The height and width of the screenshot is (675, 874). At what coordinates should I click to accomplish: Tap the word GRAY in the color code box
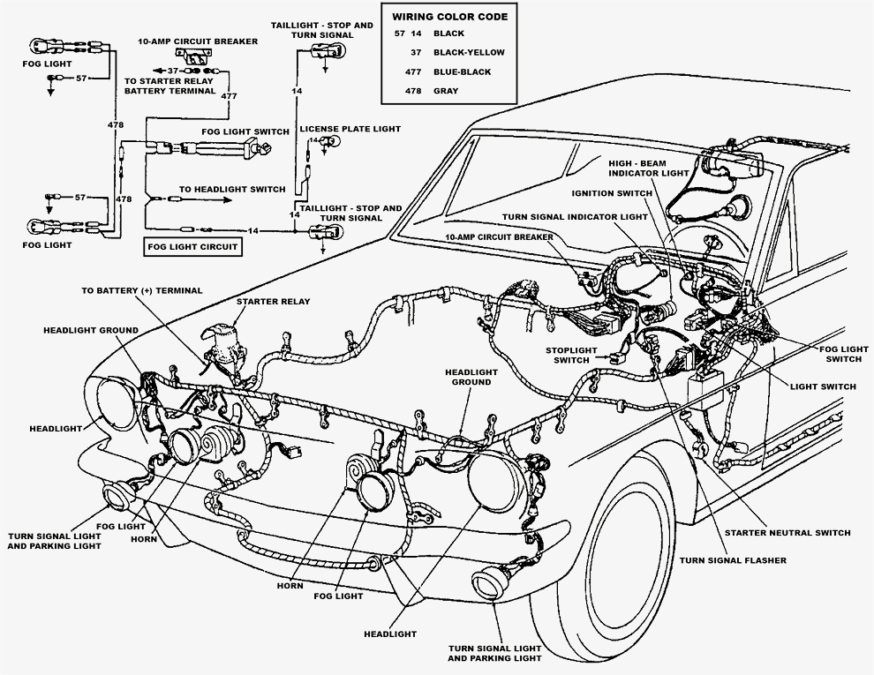(447, 90)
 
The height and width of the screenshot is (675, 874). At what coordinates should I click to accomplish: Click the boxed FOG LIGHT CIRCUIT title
(192, 247)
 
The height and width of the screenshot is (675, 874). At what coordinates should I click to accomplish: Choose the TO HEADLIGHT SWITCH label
(232, 189)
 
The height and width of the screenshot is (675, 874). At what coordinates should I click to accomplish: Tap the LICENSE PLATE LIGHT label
(350, 129)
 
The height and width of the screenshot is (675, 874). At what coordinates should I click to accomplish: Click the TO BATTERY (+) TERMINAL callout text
(141, 290)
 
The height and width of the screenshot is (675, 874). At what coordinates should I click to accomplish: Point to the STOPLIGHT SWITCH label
(571, 355)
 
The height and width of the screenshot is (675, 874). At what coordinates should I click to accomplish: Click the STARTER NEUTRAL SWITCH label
(787, 533)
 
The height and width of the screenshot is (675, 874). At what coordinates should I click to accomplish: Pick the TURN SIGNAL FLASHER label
(732, 560)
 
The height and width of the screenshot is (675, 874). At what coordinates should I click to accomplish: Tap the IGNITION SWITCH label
(612, 193)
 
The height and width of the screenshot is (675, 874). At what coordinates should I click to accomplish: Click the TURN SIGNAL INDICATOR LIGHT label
(575, 216)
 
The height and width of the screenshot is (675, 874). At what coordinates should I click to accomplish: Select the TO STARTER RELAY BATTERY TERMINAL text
(170, 85)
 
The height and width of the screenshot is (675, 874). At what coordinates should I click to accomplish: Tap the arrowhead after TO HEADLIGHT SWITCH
(227, 200)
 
